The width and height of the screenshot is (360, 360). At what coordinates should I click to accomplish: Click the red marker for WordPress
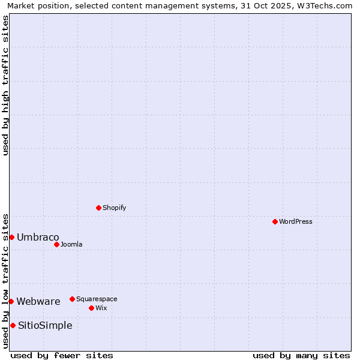(x=275, y=221)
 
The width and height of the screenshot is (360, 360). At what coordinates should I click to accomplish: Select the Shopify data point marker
(x=98, y=208)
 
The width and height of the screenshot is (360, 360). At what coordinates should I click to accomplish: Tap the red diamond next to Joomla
(x=56, y=244)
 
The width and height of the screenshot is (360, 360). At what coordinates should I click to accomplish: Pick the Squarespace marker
(x=72, y=299)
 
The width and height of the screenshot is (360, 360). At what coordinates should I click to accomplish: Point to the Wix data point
(x=91, y=308)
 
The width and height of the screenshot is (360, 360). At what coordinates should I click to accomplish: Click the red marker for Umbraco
(x=11, y=237)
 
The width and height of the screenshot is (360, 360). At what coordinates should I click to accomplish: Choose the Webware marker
(x=11, y=301)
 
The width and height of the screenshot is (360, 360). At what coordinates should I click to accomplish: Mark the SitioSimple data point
(x=13, y=325)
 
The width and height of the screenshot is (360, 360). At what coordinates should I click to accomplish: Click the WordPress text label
(x=296, y=221)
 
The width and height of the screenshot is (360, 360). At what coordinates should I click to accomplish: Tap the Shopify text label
(x=115, y=208)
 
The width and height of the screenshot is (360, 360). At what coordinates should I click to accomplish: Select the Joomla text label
(x=71, y=244)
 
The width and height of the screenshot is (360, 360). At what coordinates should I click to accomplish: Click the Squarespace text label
(x=97, y=299)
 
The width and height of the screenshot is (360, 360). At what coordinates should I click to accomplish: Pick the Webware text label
(x=38, y=301)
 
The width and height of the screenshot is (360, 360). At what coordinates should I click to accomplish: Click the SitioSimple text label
(x=45, y=325)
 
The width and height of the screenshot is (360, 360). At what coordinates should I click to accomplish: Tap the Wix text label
(x=101, y=308)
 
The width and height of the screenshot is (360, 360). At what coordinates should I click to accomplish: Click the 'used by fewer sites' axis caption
(x=62, y=355)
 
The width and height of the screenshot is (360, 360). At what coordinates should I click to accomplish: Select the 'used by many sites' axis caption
(x=301, y=355)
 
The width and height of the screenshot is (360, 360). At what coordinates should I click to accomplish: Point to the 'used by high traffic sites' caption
(x=6, y=85)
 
